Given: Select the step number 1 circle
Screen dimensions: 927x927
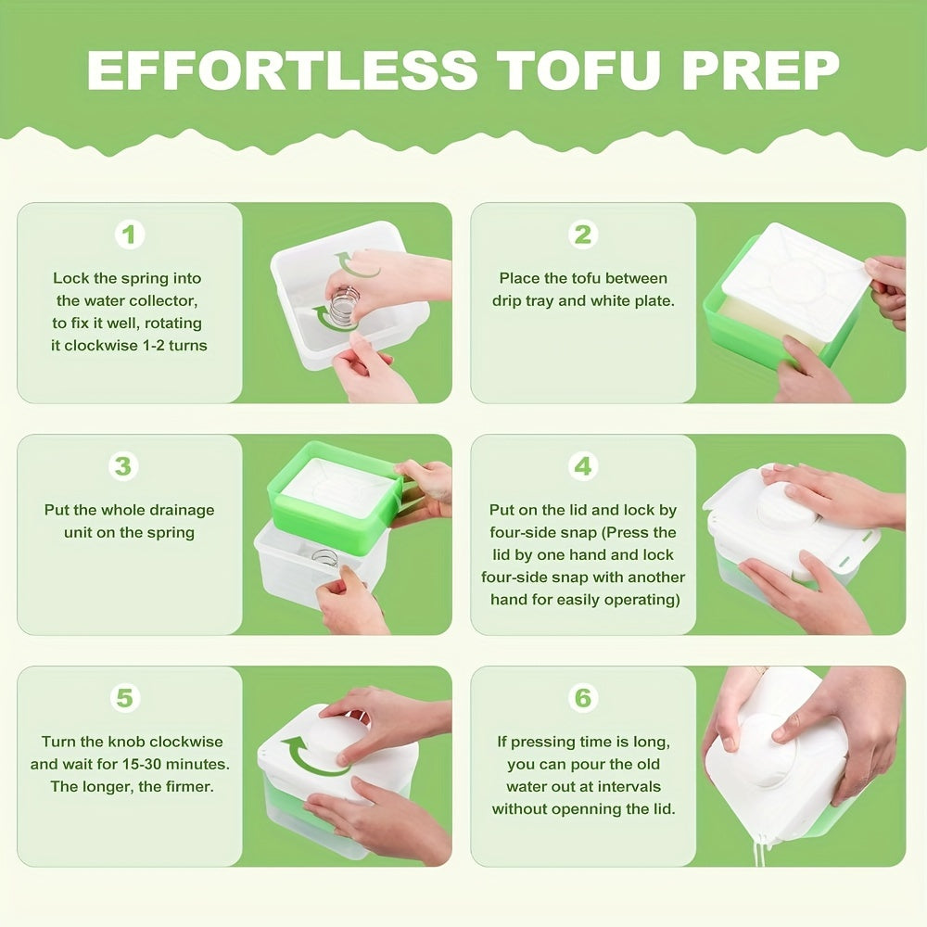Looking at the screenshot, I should (130, 235).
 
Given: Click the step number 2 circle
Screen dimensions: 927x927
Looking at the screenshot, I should (582, 235).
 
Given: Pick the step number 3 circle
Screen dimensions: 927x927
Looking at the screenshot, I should (123, 466).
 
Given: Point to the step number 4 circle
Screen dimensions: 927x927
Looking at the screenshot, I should (582, 466).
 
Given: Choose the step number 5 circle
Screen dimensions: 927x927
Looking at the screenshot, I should (125, 697).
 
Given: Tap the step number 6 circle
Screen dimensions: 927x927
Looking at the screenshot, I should (582, 697).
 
